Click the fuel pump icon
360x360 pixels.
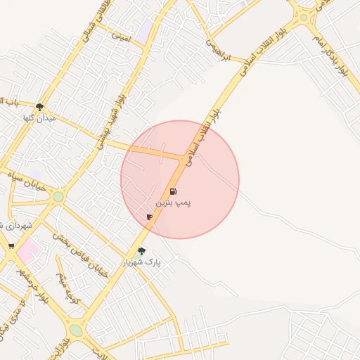pos(173,191)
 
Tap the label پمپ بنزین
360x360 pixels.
pos(173,202)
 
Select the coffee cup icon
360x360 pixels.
pos(149,217)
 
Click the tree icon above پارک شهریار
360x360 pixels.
pos(142,251)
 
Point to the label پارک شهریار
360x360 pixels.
pos(143,262)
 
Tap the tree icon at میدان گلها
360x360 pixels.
pos(39,107)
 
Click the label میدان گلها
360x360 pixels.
pos(39,117)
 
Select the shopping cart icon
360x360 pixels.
pos(11,245)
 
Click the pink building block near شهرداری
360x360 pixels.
pos(28,250)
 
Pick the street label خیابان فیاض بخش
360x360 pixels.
pos(83,254)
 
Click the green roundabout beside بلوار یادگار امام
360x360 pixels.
pos(303,17)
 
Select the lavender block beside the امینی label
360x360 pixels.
pos(144,32)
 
